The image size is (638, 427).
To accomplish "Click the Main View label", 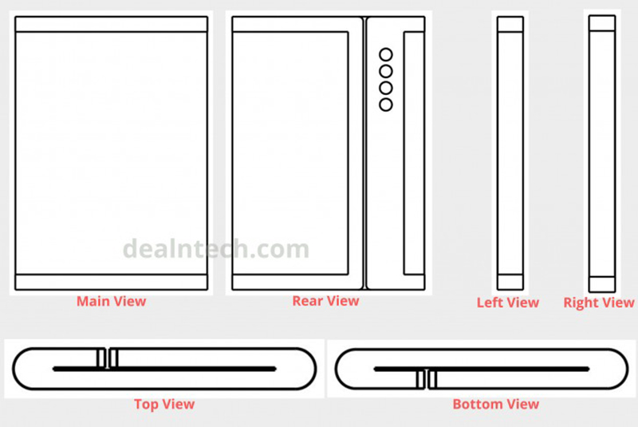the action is [x=111, y=301].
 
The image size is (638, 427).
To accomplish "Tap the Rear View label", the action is [x=325, y=301].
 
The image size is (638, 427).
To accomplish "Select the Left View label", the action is [x=508, y=302].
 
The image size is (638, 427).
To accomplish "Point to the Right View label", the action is [x=599, y=302].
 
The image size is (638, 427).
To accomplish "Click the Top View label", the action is [x=164, y=404].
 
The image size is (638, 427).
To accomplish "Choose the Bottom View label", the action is [x=495, y=404].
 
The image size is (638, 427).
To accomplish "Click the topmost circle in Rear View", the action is [x=386, y=54].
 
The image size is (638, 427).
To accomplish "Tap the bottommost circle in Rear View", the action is [x=386, y=105].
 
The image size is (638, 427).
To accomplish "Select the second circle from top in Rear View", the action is [x=386, y=71].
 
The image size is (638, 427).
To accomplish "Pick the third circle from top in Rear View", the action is [x=386, y=88].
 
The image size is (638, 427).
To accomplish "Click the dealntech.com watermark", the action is [x=216, y=248].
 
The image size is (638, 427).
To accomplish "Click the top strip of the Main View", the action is [x=112, y=24].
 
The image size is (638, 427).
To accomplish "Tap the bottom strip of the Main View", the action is [x=112, y=282].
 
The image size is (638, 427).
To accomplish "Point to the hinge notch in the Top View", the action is [x=108, y=358].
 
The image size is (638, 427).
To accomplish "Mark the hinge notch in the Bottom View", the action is [x=427, y=379].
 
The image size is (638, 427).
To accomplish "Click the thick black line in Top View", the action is [x=164, y=370].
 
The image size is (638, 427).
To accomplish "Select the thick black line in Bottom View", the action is [x=482, y=370].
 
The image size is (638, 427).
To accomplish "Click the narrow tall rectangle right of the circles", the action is [x=414, y=153].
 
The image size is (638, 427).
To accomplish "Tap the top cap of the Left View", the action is [x=510, y=24].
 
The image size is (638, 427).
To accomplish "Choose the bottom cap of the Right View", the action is [x=602, y=284].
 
